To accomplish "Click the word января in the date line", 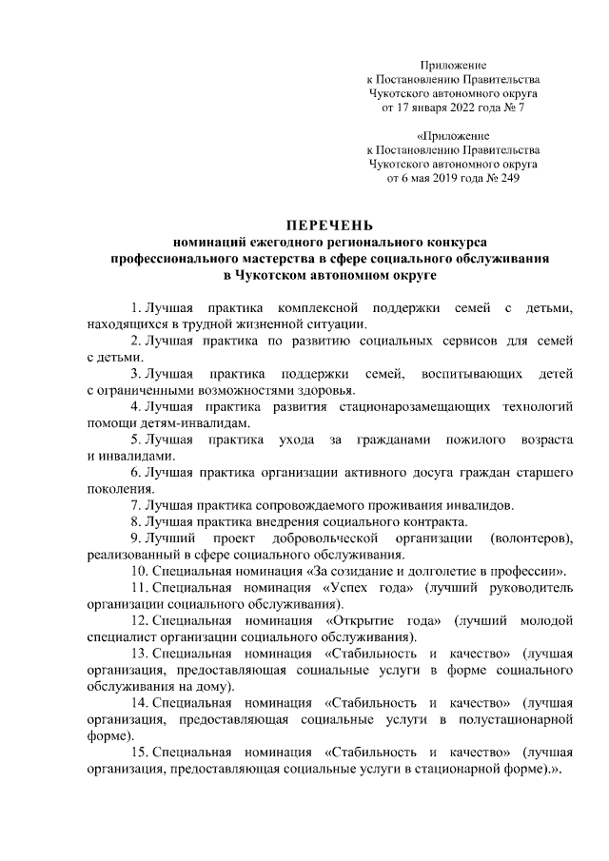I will click(421, 108).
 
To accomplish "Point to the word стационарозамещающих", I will click(406, 406).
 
